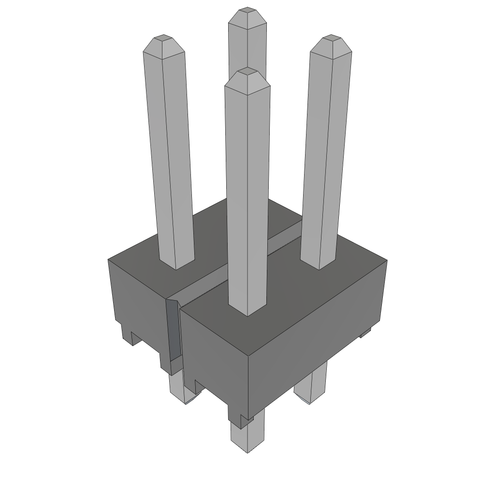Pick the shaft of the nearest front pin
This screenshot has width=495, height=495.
(247, 193)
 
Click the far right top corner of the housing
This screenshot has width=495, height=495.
(386, 261)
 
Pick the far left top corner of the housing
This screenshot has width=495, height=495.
(108, 260)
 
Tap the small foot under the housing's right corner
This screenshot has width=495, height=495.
(365, 332)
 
